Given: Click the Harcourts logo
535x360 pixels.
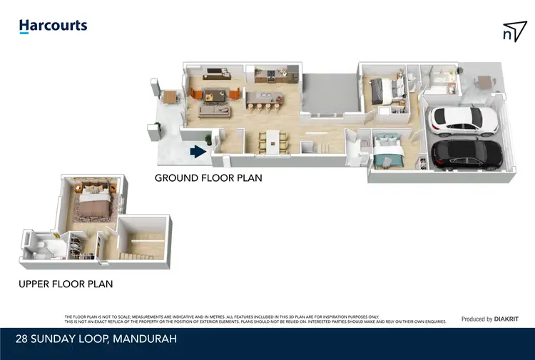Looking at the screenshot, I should coord(53,26).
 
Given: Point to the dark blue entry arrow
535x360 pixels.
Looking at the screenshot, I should coord(197,151).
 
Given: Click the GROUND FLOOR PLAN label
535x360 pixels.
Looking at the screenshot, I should coord(208,178).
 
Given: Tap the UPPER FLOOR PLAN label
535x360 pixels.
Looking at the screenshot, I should coord(66,284).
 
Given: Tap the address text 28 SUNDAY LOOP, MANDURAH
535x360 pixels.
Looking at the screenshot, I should coord(98,339).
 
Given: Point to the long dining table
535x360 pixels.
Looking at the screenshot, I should coord(271,140).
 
